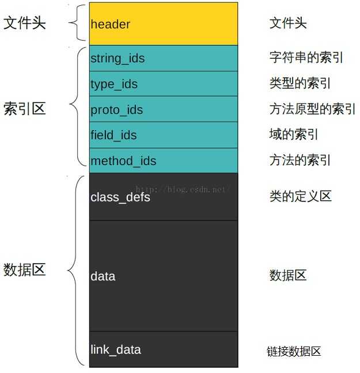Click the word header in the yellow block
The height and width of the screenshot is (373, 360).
tap(110, 24)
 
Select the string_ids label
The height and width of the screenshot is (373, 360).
tap(118, 59)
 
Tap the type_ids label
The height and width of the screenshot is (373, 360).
tap(114, 85)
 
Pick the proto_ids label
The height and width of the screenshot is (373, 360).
tap(117, 111)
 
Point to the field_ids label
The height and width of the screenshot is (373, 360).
tap(113, 135)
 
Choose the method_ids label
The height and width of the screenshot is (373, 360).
tap(123, 161)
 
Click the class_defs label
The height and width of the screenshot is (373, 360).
tap(120, 197)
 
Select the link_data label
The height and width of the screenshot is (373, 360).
tap(116, 350)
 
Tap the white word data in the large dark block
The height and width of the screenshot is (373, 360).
tap(103, 276)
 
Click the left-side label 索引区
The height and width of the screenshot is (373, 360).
tap(25, 109)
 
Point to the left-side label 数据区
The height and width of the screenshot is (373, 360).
tap(25, 270)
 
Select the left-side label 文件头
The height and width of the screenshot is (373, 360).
tap(25, 23)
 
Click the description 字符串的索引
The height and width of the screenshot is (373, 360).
tap(306, 58)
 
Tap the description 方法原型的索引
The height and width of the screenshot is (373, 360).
tap(313, 109)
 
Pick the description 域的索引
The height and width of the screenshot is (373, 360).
tap(294, 134)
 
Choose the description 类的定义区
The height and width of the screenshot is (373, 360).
tap(301, 196)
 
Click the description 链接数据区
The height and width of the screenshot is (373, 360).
tap(294, 352)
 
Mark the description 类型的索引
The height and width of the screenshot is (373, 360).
tap(300, 83)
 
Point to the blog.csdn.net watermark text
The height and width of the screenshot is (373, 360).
tap(183, 189)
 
